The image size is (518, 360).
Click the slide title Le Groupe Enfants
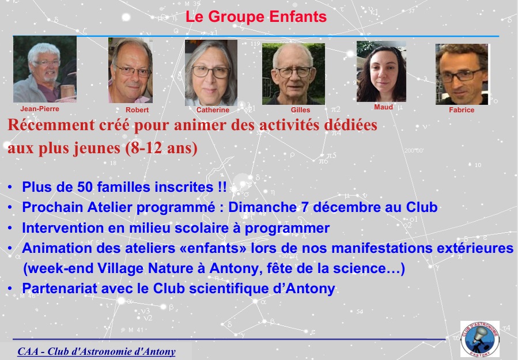(256, 17)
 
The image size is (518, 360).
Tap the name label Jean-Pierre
(40, 109)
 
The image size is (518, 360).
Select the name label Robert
(137, 109)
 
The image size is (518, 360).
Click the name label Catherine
(213, 109)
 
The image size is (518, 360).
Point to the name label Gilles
(300, 109)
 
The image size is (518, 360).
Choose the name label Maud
(384, 107)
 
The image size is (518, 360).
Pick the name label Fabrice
(462, 109)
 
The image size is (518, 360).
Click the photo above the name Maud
(381, 71)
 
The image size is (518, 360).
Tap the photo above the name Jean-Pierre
(45, 69)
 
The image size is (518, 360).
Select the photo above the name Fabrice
(462, 74)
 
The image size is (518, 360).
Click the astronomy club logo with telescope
(480, 339)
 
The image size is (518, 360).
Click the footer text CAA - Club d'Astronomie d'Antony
(96, 351)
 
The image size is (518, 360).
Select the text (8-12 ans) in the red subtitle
(161, 147)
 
